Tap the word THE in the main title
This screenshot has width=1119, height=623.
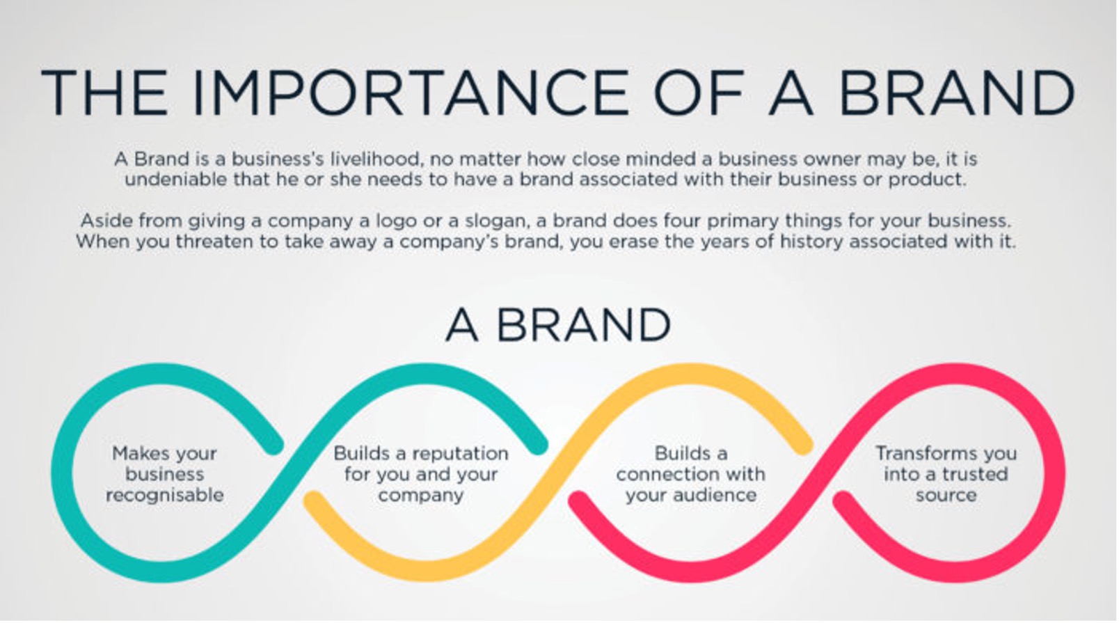click(104, 93)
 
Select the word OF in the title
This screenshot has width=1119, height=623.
click(699, 93)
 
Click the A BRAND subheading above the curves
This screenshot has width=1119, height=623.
click(558, 325)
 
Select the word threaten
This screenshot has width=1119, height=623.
click(226, 242)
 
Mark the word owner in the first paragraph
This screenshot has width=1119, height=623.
click(832, 159)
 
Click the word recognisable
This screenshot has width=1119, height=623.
click(165, 496)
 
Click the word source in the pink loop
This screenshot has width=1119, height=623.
click(946, 496)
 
